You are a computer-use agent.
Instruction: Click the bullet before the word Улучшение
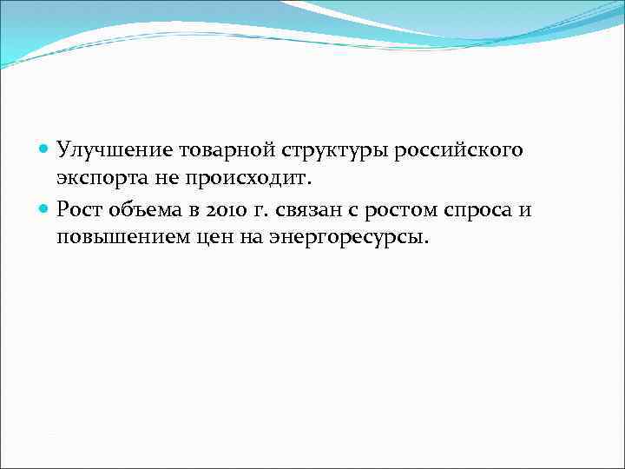(x=45, y=150)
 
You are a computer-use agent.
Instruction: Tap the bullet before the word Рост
(x=45, y=208)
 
